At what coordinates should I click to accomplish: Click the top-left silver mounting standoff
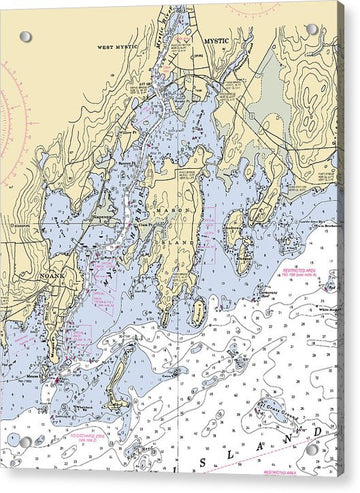[25, 37]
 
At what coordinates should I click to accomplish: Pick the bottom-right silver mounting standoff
[310, 449]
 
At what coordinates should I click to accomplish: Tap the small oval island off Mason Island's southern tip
[197, 312]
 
